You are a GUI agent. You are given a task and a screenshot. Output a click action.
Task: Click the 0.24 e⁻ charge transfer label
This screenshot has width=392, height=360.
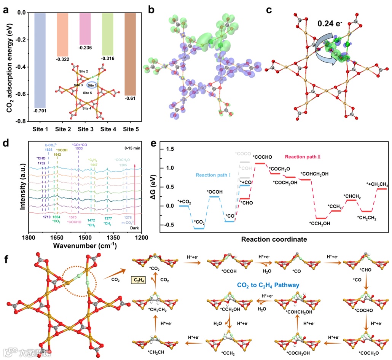pos(331,24)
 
